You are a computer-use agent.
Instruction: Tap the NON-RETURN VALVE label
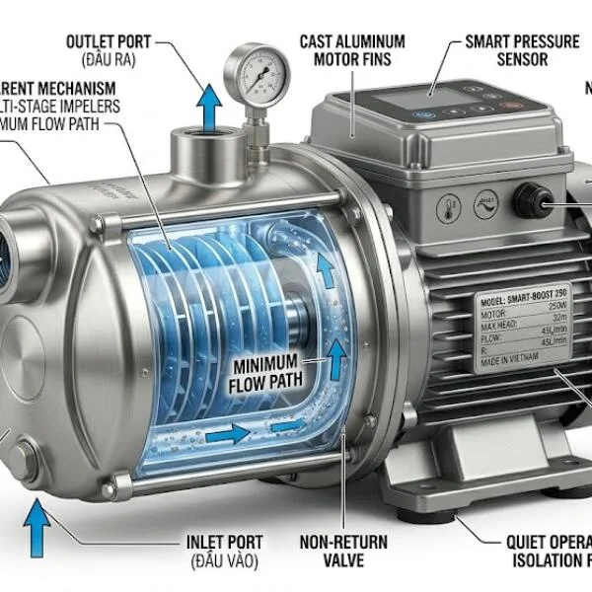tap(344, 552)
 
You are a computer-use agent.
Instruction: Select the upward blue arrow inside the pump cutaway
tap(338, 359)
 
